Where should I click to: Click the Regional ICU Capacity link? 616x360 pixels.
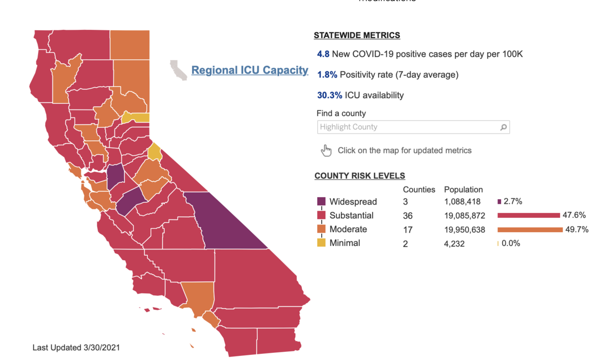coord(249,70)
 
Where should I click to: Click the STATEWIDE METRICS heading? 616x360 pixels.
coord(357,35)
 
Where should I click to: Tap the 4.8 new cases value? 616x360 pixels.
coord(323,54)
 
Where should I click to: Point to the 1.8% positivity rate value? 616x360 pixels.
coord(327,74)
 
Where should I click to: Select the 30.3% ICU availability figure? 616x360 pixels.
coord(330,95)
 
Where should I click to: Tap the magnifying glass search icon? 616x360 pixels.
coord(504,127)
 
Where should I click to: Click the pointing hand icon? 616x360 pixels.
coord(326,150)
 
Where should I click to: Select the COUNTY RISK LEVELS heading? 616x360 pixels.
coord(360,176)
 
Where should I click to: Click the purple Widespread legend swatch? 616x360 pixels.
coord(321,202)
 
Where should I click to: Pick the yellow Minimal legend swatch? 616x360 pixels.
coord(321,243)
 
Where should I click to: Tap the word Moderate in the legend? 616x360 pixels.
coord(348,229)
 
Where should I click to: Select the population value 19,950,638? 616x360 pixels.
coord(464,230)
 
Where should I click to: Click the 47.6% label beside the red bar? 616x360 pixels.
coord(575,215)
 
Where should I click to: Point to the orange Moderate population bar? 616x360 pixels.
coord(530,230)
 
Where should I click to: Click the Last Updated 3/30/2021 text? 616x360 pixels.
coord(76,348)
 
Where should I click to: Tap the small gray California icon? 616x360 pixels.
coord(179,70)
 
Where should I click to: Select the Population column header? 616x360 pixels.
coord(463,190)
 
